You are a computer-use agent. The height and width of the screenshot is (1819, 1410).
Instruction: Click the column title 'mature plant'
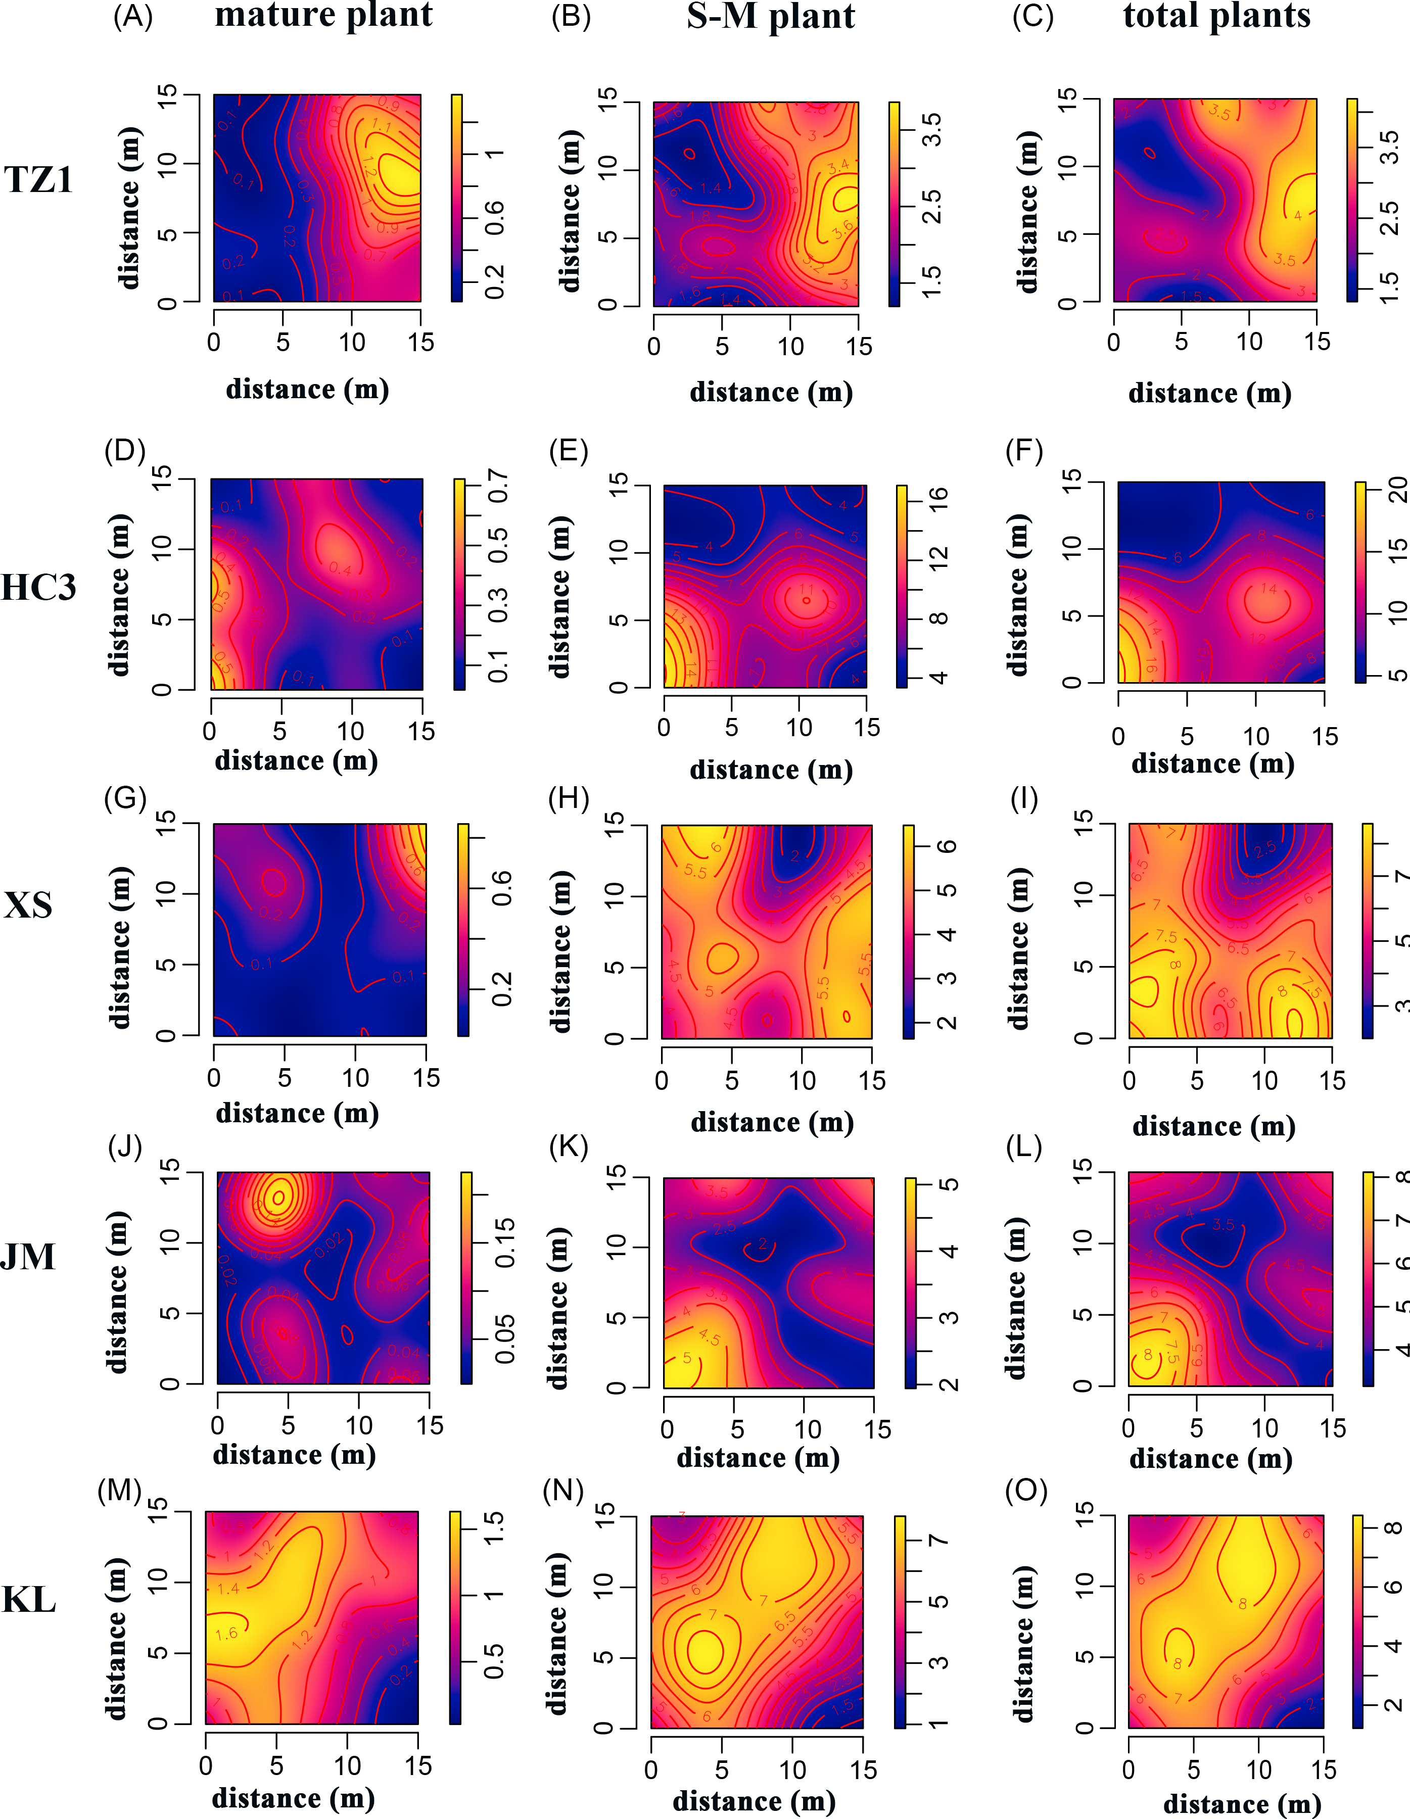tap(324, 16)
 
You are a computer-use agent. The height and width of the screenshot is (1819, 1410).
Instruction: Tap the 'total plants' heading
tap(1217, 16)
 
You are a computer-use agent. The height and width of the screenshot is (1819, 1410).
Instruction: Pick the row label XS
tap(28, 905)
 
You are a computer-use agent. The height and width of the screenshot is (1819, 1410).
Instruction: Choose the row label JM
tap(28, 1257)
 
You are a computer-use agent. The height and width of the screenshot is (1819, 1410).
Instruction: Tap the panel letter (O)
tap(1026, 1490)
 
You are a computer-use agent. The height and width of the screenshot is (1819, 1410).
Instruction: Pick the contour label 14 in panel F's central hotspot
tap(1267, 589)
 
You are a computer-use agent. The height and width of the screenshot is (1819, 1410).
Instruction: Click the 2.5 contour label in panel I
tap(1264, 849)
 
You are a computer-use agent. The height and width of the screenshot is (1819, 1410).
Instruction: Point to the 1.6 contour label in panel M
tap(226, 1634)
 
